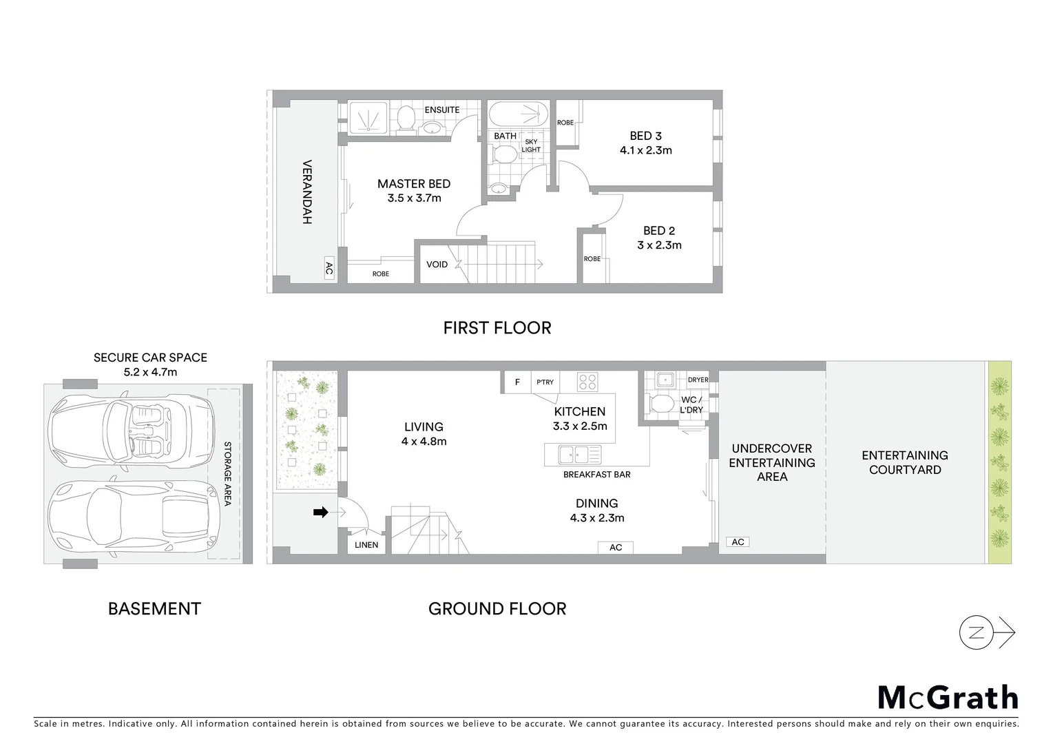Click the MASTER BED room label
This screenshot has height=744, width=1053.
(413, 184)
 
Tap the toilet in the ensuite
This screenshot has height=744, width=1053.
(405, 118)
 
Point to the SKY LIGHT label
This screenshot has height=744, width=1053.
(531, 145)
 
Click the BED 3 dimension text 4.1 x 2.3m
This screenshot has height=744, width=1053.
(645, 150)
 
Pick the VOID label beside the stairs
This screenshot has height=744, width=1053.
(437, 265)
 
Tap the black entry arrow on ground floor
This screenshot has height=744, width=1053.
(320, 512)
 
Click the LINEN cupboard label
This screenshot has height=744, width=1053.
(366, 545)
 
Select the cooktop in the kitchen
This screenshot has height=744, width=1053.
(587, 381)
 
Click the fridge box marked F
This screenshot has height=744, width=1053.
(517, 382)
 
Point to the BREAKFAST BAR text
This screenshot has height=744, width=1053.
(596, 475)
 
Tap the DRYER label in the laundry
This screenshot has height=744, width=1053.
(698, 380)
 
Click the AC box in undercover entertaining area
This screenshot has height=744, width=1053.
(738, 542)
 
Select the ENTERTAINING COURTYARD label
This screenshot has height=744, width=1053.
(904, 462)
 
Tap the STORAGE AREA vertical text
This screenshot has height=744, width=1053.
(228, 474)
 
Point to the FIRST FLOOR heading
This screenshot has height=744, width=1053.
(497, 328)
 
